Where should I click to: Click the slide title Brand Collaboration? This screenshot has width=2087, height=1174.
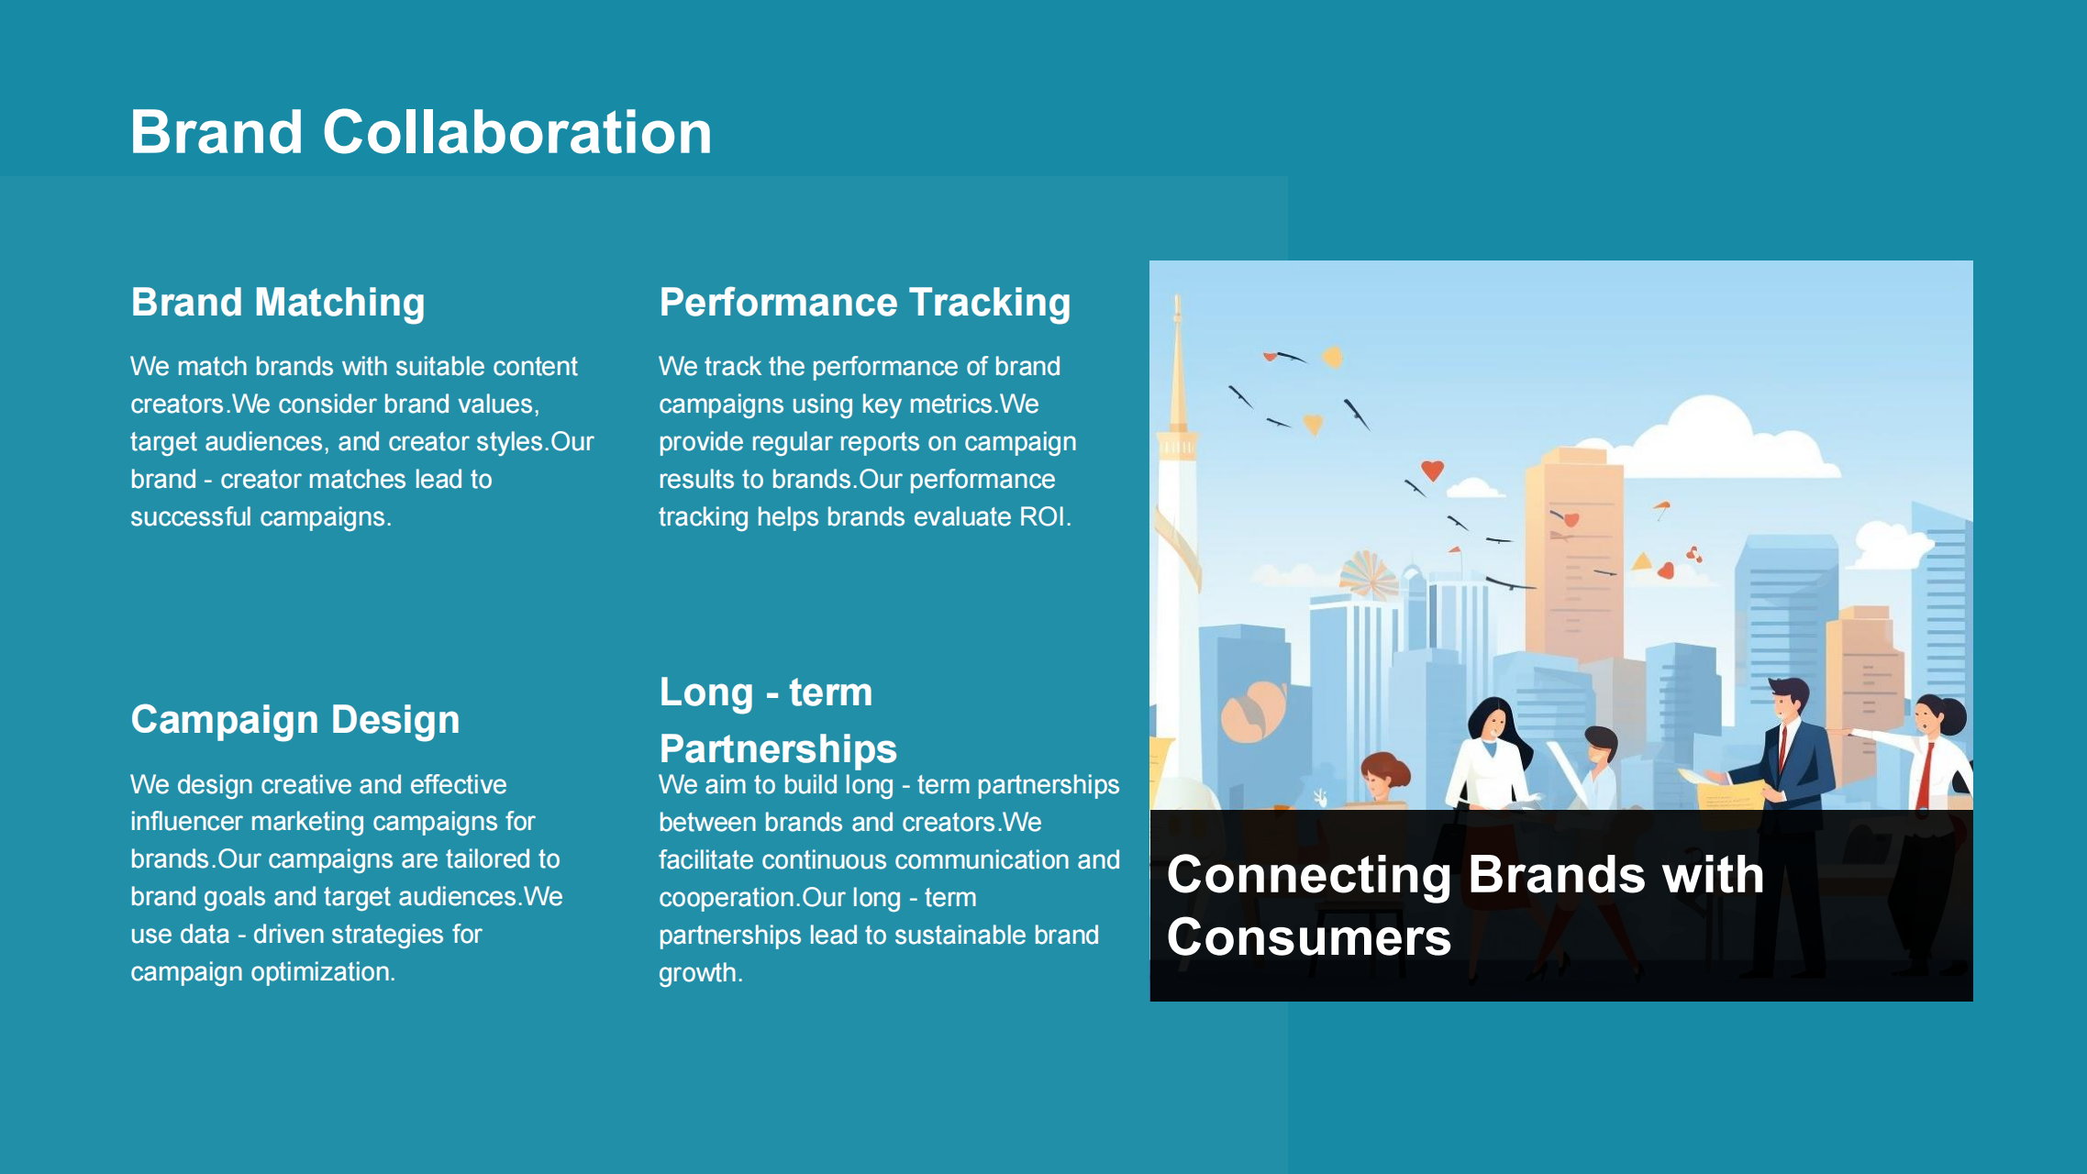[x=421, y=132]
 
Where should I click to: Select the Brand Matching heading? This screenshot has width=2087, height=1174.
[x=278, y=303]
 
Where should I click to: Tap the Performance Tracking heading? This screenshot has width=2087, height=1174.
[x=865, y=303]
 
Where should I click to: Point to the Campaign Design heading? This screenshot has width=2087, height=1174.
[x=295, y=720]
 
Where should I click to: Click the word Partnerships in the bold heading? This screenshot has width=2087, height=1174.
[x=778, y=749]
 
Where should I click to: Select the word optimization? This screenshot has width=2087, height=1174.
[x=321, y=972]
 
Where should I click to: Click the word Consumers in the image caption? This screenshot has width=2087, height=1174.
[x=1309, y=937]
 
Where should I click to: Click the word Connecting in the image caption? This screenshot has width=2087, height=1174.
[x=1309, y=875]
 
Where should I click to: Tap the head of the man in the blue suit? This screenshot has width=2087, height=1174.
[x=1787, y=699]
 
